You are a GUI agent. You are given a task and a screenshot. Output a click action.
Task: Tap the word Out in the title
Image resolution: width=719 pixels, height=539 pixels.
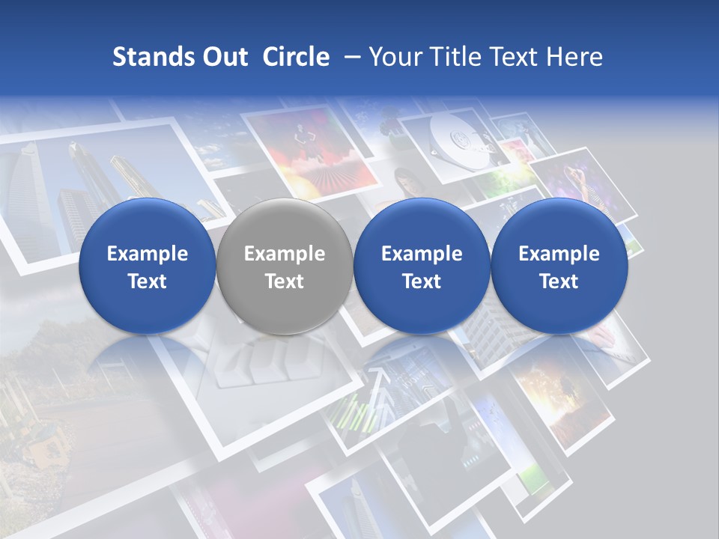(x=223, y=57)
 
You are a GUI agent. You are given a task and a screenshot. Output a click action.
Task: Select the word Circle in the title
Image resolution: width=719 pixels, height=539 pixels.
(x=296, y=57)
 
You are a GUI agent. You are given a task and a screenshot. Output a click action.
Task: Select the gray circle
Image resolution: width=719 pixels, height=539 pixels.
(x=285, y=266)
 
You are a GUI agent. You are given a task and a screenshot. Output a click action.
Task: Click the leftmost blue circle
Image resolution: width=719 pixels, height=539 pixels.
(x=147, y=266)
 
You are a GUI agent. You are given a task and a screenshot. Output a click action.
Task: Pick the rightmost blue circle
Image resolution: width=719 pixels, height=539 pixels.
(x=559, y=266)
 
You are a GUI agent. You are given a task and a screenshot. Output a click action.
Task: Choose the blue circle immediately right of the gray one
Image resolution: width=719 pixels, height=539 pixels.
(x=422, y=266)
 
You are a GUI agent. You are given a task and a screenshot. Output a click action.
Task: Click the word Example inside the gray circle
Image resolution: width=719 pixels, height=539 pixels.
(x=285, y=254)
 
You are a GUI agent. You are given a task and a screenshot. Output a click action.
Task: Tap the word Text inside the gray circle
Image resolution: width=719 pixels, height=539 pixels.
(x=285, y=281)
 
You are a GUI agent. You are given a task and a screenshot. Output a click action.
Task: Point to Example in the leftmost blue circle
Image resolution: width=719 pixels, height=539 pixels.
(x=147, y=254)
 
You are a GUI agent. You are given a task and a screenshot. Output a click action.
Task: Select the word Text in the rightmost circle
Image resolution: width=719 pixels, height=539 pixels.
(x=559, y=281)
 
